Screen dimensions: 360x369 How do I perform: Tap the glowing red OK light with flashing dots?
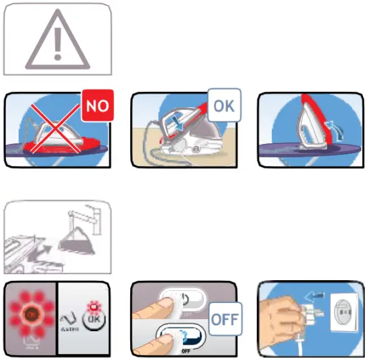tap(31, 312)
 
